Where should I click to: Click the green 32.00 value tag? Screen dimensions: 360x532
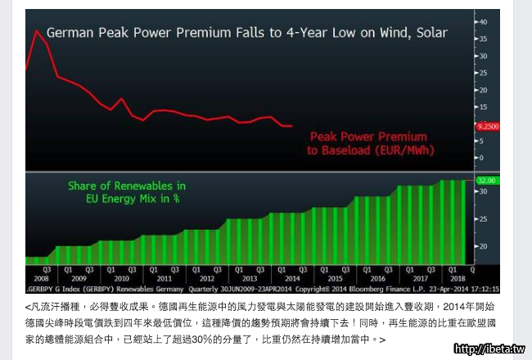coord(487,180)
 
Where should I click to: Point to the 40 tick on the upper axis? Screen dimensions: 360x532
coord(483,21)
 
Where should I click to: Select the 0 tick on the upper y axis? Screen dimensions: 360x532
coord(481,158)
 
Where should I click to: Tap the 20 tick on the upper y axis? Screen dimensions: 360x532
coord(483,90)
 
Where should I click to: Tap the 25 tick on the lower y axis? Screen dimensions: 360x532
coord(483,218)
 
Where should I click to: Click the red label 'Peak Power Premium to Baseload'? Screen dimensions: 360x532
coord(371,144)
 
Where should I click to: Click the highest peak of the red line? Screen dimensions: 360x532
coord(36,31)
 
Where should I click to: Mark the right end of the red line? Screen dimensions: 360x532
coord(292,126)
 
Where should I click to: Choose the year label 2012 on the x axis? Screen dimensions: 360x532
coord(207,278)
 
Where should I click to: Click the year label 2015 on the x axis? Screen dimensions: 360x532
coord(336,278)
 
